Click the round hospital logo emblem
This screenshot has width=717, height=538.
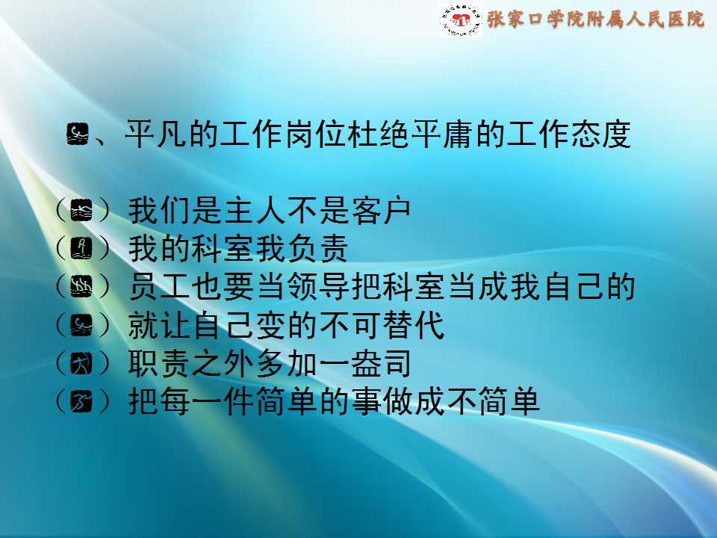click(x=461, y=20)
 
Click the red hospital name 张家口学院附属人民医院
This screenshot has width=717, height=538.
click(x=596, y=19)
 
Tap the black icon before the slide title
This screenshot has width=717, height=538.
click(x=78, y=134)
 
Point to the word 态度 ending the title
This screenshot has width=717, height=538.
click(x=601, y=134)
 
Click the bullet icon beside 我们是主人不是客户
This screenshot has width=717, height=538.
click(x=81, y=211)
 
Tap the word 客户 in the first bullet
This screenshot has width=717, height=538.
click(x=381, y=211)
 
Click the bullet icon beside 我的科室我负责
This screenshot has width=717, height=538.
click(x=81, y=248)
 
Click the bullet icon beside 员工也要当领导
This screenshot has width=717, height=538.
click(x=81, y=287)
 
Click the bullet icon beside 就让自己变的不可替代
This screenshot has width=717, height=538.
click(x=81, y=325)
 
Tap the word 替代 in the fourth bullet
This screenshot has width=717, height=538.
click(x=413, y=325)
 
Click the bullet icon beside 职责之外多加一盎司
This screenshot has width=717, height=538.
click(x=81, y=364)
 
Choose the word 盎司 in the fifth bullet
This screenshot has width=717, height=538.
click(x=381, y=364)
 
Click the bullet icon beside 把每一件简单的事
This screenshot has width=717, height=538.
click(x=81, y=402)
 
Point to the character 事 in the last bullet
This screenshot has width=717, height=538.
click(x=366, y=402)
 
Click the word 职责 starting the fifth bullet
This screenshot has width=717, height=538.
click(x=158, y=364)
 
